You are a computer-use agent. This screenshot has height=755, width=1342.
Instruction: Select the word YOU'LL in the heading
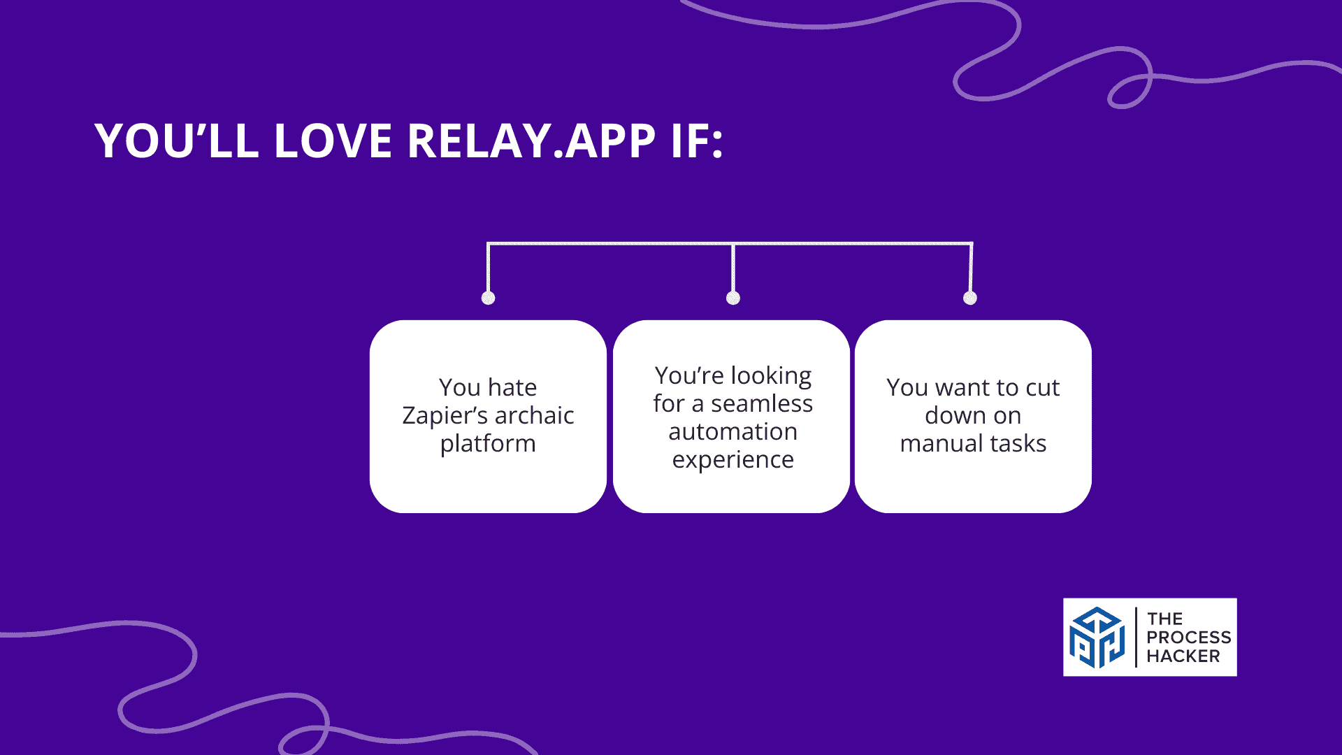tap(177, 141)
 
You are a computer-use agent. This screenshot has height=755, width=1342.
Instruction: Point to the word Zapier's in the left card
tap(445, 416)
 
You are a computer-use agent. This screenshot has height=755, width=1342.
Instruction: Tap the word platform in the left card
tap(488, 445)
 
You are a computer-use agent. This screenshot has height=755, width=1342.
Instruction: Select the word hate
tap(512, 387)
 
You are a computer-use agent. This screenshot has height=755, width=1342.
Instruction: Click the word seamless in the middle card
tap(762, 404)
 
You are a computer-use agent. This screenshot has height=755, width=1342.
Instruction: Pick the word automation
tap(733, 432)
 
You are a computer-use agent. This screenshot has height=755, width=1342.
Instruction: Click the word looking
tap(771, 377)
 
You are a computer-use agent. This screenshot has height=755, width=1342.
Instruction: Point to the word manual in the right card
tap(938, 444)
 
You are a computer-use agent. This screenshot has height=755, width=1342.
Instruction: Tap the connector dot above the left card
tap(489, 298)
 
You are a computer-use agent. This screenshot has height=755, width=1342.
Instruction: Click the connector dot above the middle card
tap(733, 298)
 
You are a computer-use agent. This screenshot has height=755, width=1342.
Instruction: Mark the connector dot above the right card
tap(970, 298)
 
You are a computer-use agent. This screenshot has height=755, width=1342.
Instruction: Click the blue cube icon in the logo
tap(1097, 638)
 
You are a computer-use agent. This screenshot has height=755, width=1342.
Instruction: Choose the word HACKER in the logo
tap(1183, 656)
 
